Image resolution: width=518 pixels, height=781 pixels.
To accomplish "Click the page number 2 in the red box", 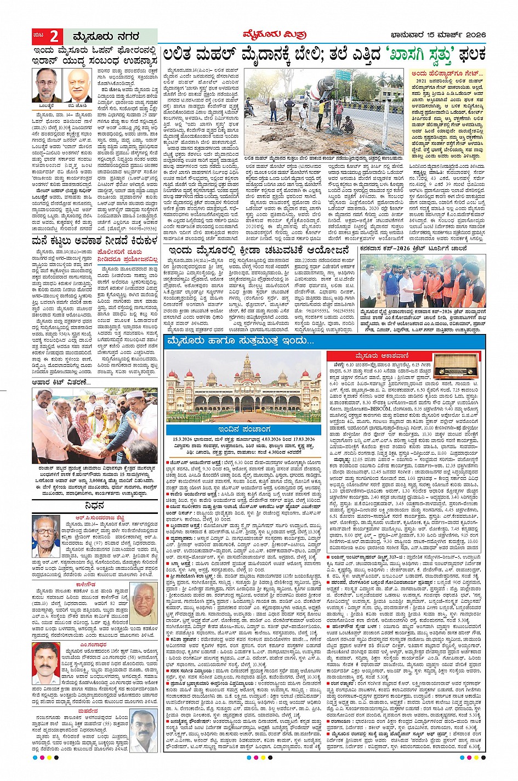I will (54, 37).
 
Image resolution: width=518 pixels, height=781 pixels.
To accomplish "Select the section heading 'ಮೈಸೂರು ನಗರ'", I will (106, 37).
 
